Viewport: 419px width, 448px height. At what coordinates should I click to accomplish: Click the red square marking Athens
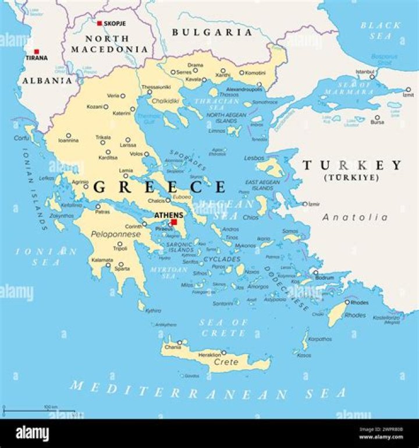click(x=174, y=222)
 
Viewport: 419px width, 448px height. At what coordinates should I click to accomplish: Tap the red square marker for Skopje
click(x=100, y=23)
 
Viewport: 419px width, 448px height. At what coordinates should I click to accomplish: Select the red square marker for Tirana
click(x=37, y=51)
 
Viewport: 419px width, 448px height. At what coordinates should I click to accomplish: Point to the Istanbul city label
click(x=365, y=72)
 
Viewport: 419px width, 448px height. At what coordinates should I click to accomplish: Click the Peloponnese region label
click(x=116, y=234)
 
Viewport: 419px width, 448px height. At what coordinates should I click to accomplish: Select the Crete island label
click(x=226, y=362)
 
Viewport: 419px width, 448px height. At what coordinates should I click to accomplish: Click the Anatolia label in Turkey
click(x=355, y=217)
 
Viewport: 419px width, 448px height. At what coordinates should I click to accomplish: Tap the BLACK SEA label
click(x=380, y=31)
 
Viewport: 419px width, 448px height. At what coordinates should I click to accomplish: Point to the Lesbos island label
click(x=254, y=158)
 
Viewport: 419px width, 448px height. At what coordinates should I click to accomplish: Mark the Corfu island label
click(x=22, y=138)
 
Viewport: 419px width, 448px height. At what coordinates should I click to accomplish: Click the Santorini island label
click(x=222, y=304)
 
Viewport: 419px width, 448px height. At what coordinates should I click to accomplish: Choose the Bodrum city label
click(x=325, y=278)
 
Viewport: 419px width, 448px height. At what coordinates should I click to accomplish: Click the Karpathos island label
click(x=319, y=338)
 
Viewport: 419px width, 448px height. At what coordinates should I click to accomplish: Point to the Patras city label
click(x=103, y=211)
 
